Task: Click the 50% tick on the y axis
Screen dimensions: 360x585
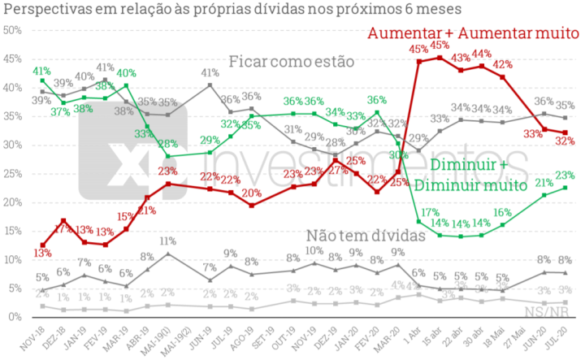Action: tap(13, 30)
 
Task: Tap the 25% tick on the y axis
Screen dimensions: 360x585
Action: tap(13, 173)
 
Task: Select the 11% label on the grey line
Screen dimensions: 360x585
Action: tap(168, 241)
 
